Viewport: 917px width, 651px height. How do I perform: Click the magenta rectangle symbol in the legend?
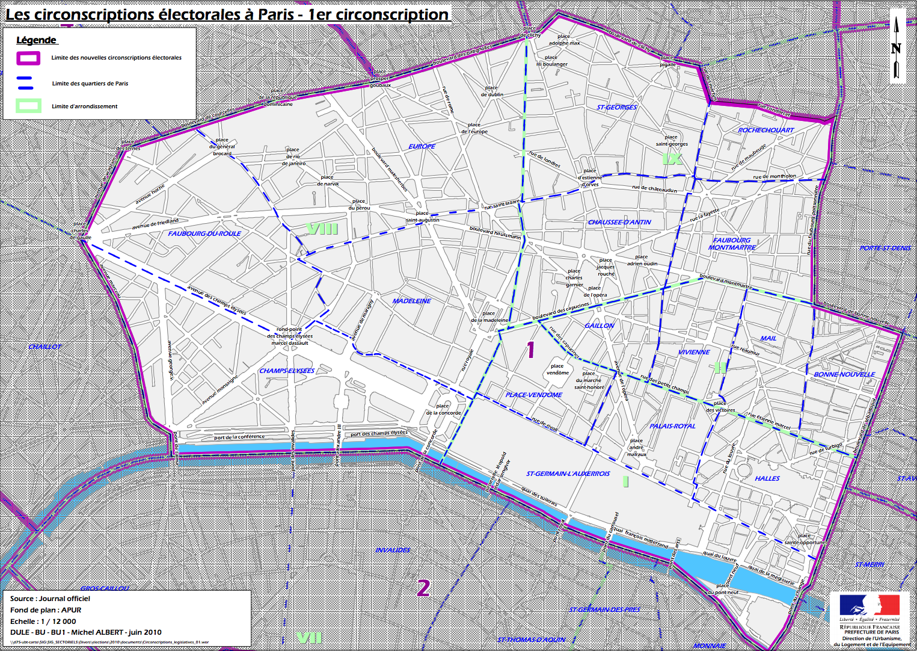[x=28, y=58]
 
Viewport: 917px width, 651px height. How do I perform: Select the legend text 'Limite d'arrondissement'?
[x=85, y=106]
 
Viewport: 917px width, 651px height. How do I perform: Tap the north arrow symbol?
[x=897, y=47]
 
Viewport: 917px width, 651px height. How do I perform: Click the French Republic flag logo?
[x=869, y=605]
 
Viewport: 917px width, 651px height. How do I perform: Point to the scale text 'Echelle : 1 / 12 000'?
[x=43, y=622]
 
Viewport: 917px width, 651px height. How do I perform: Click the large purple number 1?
[x=530, y=349]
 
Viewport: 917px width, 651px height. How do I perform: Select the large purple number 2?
[x=423, y=588]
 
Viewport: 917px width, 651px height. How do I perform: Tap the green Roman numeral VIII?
[x=322, y=229]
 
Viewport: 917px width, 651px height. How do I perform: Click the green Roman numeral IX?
[x=672, y=159]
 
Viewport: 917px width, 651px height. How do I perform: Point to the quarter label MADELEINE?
[x=412, y=301]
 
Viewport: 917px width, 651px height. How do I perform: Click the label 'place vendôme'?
[x=557, y=369]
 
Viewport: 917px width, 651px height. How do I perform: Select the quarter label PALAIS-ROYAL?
[x=672, y=426]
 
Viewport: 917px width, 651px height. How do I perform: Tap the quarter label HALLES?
[x=767, y=478]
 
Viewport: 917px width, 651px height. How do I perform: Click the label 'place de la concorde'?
[x=443, y=410]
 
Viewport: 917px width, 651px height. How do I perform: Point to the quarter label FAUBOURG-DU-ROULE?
[x=204, y=233]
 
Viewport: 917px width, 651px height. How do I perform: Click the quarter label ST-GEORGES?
[x=617, y=107]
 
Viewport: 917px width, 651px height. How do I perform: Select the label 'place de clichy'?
[x=530, y=32]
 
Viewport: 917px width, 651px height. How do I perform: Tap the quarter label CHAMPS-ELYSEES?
[x=287, y=371]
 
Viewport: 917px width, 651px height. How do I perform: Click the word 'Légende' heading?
[x=36, y=40]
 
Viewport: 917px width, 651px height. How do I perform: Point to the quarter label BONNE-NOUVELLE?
[x=844, y=374]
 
